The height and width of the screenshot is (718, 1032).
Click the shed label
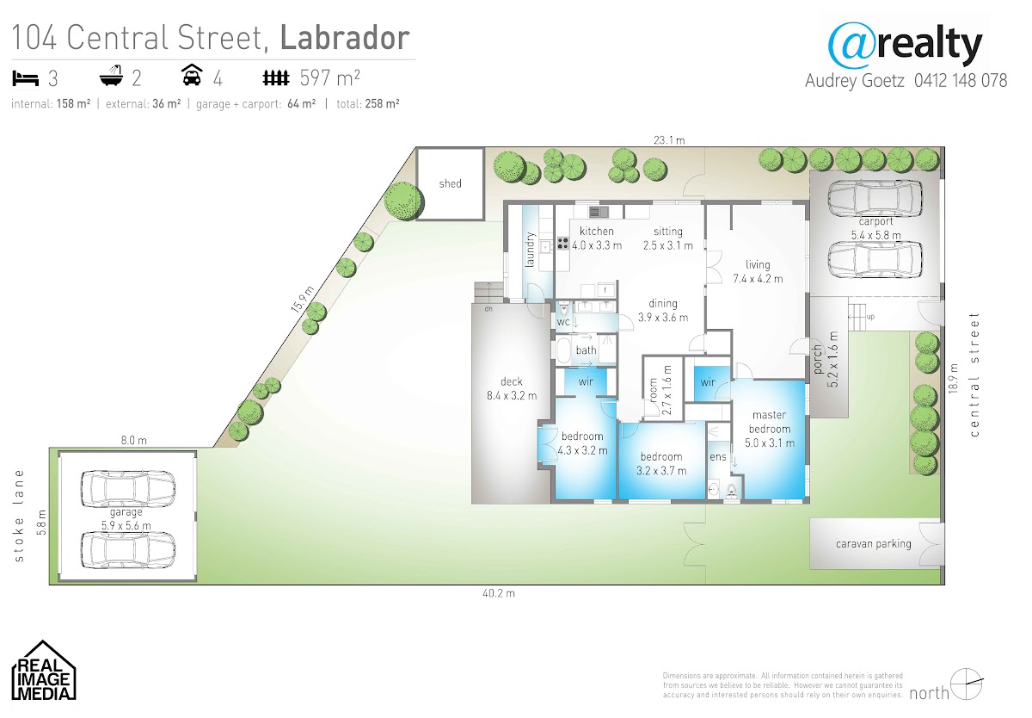[x=450, y=183]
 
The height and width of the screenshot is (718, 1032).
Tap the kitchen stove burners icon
[x=562, y=243]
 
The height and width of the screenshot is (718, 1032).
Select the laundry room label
[x=530, y=250]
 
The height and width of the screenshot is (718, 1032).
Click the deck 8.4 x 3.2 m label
[x=512, y=388]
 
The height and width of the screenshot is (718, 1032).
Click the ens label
[x=718, y=456]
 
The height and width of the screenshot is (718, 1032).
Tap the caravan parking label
[x=874, y=544]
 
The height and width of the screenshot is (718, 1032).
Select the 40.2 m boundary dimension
[x=499, y=593]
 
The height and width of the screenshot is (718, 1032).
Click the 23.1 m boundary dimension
[x=669, y=140]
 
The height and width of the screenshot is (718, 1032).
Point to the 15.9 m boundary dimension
[x=303, y=300]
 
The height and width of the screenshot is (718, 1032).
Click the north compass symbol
[x=966, y=684]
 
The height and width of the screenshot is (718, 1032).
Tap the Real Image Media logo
[x=43, y=670]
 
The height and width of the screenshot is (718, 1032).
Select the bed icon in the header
[x=25, y=78]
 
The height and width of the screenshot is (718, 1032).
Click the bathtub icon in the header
[x=112, y=76]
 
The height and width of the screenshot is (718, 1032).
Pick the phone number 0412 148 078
[x=961, y=81]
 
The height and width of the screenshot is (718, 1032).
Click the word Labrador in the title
[x=345, y=37]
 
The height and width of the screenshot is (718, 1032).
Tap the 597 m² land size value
[x=330, y=78]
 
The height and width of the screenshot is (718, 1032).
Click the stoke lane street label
[x=19, y=516]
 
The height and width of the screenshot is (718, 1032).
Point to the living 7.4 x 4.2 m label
[x=758, y=271]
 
